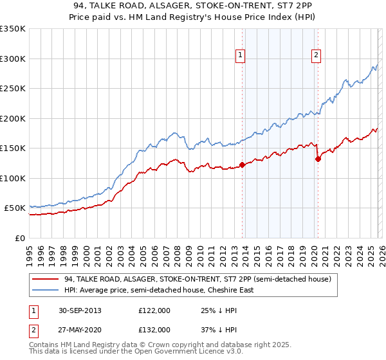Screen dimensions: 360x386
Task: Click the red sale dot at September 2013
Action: point(242,165)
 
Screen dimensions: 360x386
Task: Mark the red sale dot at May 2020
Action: point(318,159)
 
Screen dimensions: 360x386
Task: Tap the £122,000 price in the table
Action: point(154,310)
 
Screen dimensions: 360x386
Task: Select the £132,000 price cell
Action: point(154,329)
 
